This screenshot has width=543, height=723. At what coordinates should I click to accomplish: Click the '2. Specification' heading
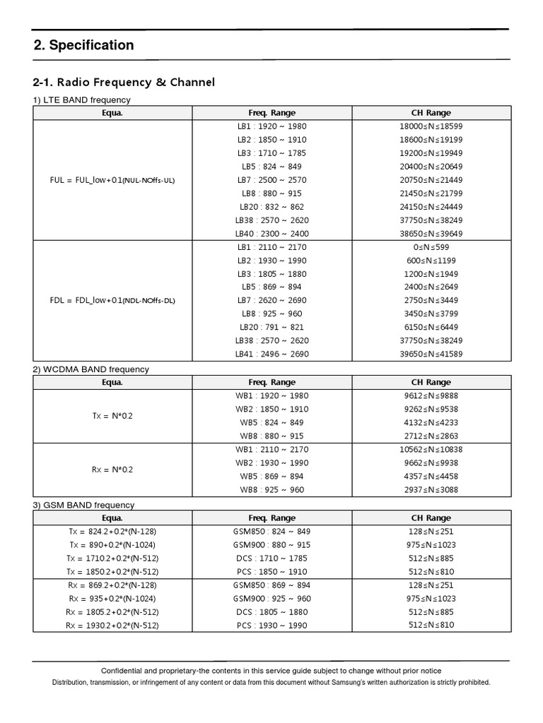(x=83, y=45)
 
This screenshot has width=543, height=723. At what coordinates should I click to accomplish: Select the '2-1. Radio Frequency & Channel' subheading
(x=124, y=83)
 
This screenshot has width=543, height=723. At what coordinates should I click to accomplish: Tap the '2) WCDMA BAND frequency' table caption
(x=91, y=369)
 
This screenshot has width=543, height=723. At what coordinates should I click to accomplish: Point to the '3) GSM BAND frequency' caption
(x=83, y=505)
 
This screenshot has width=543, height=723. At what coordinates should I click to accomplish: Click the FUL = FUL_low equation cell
(x=112, y=180)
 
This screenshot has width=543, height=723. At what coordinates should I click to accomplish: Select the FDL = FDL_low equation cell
(x=112, y=300)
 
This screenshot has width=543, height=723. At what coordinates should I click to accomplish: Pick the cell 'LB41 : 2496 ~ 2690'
(x=272, y=354)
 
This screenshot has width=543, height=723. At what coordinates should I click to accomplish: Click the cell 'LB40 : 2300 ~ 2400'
(x=272, y=234)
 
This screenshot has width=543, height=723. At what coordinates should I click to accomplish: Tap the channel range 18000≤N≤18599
(x=431, y=126)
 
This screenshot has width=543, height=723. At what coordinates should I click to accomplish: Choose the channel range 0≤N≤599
(x=431, y=247)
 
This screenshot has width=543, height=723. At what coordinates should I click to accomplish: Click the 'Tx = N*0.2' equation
(x=112, y=416)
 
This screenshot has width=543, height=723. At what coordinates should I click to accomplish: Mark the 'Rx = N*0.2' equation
(x=112, y=470)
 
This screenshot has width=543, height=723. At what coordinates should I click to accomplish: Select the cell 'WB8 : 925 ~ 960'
(x=272, y=490)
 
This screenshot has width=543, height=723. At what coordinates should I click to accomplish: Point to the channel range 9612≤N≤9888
(x=431, y=396)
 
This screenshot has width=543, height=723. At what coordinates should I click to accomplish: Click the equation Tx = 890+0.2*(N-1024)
(x=112, y=544)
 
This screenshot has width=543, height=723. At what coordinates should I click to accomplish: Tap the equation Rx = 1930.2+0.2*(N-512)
(x=112, y=625)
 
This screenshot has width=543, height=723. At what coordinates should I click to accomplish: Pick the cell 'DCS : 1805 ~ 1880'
(x=272, y=611)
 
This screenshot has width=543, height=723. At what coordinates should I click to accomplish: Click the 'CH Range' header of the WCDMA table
(x=431, y=383)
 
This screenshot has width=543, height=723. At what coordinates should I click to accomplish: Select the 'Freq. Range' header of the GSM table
(x=272, y=518)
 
